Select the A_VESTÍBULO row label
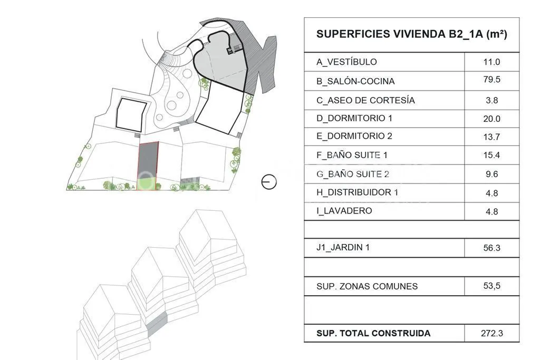[x=346, y=62]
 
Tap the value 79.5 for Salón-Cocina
[x=491, y=80]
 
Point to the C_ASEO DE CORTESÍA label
[x=366, y=101]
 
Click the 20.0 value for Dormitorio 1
[x=491, y=119]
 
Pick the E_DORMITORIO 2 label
[x=354, y=136]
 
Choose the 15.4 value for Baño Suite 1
[x=491, y=155]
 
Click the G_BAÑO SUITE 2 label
[x=353, y=174]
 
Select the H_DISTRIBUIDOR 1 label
[x=358, y=192]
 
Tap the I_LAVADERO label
[x=344, y=211]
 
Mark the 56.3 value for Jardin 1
[x=491, y=248]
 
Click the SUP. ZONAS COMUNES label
[x=367, y=286]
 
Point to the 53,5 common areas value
[x=492, y=286]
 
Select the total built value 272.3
[x=492, y=333]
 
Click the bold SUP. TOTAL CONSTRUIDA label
[x=373, y=333]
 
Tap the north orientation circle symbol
[x=269, y=182]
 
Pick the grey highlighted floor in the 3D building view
[x=157, y=323]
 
